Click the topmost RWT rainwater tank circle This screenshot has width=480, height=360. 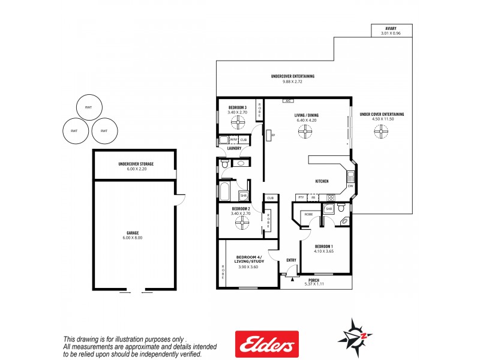[x=89, y=107]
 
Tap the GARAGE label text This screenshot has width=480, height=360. [x=133, y=233]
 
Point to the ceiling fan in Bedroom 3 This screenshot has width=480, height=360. [x=238, y=124]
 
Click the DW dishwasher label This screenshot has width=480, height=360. [x=350, y=185]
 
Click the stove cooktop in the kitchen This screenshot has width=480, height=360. [x=329, y=197]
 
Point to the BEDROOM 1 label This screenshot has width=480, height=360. [x=324, y=246]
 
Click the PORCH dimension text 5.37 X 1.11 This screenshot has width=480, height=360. [x=314, y=284]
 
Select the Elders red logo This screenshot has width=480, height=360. [x=266, y=344]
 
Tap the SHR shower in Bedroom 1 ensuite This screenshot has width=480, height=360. [x=329, y=209]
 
